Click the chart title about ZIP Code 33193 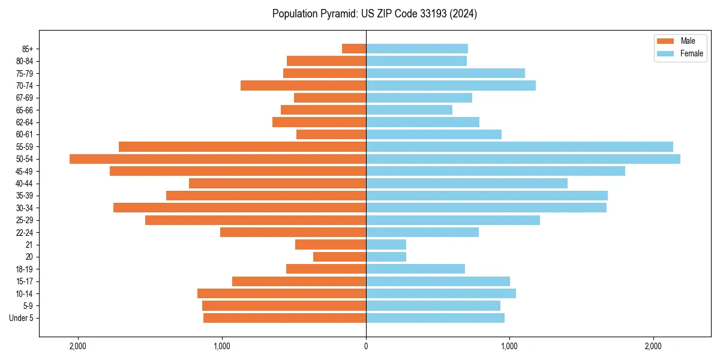[374, 14]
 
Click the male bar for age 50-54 [218, 159]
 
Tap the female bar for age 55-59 [520, 146]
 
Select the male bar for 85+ [354, 49]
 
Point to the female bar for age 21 [386, 244]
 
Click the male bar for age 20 [340, 257]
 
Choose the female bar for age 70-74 [451, 86]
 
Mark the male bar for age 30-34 [239, 208]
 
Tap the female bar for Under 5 [435, 318]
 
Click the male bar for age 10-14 [281, 293]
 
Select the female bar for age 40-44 [467, 183]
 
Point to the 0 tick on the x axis [366, 346]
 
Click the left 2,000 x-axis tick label [78, 346]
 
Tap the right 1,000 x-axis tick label [509, 346]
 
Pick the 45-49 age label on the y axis [25, 171]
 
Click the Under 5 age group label [22, 318]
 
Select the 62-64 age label [25, 122]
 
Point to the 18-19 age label [25, 269]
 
